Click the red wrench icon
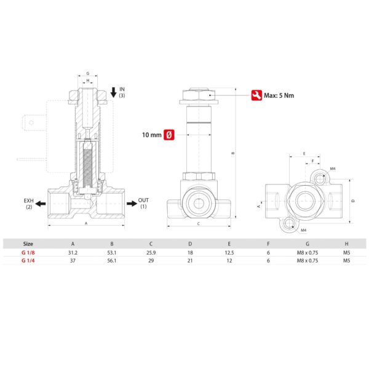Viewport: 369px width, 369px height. point(256,95)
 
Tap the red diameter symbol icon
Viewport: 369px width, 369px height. point(169,135)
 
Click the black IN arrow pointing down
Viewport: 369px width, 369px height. point(114,92)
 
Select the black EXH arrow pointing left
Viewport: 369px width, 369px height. point(41,204)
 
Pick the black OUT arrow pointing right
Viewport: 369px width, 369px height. point(132,204)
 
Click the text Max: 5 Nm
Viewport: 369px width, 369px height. point(279,95)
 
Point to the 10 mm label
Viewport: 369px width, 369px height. point(152,135)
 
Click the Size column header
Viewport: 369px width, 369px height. point(28,244)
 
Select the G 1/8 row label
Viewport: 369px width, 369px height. point(28,253)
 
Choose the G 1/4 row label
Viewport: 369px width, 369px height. point(28,261)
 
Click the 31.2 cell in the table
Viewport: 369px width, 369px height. point(73,253)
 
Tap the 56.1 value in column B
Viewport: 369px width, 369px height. point(112,261)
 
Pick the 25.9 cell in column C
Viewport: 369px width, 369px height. point(151,253)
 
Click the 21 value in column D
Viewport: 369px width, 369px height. point(190,261)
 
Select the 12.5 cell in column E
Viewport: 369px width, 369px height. point(229,253)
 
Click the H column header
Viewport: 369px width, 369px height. point(346,244)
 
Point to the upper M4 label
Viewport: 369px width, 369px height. point(333,169)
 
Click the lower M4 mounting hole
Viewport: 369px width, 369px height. point(288,224)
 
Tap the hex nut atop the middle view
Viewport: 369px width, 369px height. point(199,94)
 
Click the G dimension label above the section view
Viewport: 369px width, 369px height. point(88,73)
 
